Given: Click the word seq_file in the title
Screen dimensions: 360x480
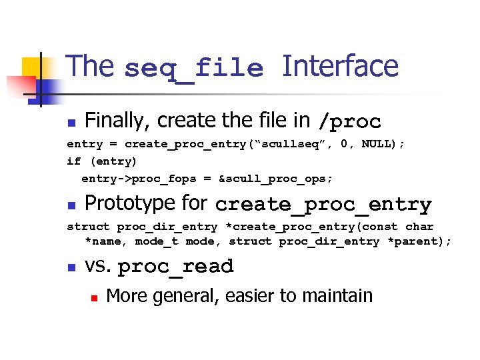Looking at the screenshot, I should pos(193,68).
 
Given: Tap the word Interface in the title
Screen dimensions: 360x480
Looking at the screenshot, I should pos(340,67).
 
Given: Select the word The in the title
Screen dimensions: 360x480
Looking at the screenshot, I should pos(91,67).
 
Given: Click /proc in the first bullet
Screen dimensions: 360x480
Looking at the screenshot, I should pos(349,122).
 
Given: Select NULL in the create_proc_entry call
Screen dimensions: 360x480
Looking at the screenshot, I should pos(378,144).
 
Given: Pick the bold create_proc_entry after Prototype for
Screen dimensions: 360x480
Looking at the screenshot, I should pos(323,205).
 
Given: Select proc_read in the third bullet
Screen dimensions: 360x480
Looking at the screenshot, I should pos(175,267).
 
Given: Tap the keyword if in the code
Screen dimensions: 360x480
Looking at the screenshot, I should pos(73,161).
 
